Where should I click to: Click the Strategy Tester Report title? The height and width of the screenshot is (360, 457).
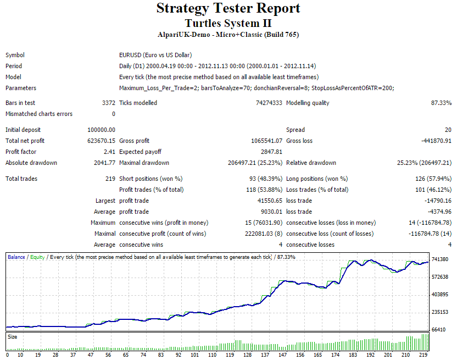228,8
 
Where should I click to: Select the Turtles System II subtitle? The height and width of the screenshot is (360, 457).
228,23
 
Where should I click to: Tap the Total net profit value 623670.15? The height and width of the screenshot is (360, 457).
101,141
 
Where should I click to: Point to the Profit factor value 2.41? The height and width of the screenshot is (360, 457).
109,152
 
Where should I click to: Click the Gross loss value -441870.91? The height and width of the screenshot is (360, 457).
436,141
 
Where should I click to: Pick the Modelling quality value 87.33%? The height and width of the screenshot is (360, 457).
441,103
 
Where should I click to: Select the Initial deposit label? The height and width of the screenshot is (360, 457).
23,130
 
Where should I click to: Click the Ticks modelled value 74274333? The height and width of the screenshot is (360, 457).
269,103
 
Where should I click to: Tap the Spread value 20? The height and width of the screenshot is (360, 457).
448,130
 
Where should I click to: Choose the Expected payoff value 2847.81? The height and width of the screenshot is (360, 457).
272,152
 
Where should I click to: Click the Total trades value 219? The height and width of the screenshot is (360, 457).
110,179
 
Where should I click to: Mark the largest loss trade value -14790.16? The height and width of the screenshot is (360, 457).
438,201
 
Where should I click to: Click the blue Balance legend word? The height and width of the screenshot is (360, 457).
16,257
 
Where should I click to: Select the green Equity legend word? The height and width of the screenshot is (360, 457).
37,257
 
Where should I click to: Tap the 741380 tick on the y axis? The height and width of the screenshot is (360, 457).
440,259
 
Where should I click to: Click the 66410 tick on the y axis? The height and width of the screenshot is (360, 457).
439,330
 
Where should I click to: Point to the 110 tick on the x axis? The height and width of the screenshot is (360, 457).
212,355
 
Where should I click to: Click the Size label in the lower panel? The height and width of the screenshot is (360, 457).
13,337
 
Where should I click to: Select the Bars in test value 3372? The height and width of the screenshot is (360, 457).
109,103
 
